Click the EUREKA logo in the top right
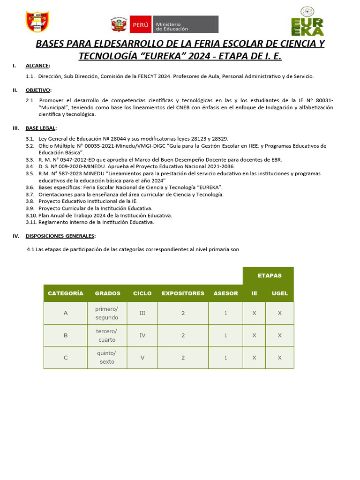[307, 22]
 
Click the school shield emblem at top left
[37, 22]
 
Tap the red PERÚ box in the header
[141, 24]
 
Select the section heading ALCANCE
[37, 66]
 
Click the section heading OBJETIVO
[38, 90]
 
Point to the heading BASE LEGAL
[41, 128]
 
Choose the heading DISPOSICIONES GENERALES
[60, 236]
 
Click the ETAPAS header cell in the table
[270, 276]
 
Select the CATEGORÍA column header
[66, 293]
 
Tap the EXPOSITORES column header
[183, 293]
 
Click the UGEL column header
[280, 293]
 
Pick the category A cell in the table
[66, 313]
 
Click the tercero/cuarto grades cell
[107, 336]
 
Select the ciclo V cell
[142, 358]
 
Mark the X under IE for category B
[254, 336]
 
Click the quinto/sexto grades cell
[107, 358]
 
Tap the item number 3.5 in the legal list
[30, 173]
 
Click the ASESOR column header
[225, 293]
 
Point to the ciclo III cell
[142, 313]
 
